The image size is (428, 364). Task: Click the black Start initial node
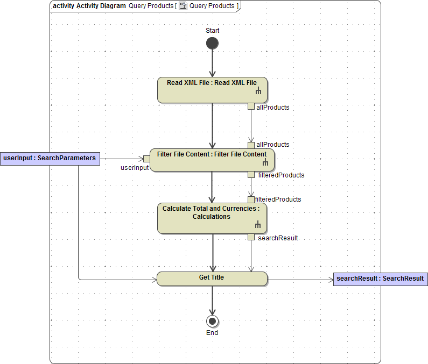(212, 43)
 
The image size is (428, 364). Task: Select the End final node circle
(212, 321)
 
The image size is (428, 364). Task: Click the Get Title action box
(212, 279)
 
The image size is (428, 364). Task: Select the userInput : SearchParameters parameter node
(50, 158)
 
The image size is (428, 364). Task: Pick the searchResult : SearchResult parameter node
(380, 279)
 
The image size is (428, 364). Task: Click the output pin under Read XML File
(251, 106)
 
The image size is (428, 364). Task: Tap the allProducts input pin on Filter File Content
(251, 145)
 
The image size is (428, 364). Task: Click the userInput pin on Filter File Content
(146, 159)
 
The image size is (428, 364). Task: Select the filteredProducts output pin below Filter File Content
(251, 174)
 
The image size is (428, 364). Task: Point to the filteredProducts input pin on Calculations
(251, 199)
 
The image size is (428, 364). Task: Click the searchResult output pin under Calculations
(251, 237)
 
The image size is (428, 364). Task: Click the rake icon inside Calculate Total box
(258, 225)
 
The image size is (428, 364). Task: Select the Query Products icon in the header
(183, 6)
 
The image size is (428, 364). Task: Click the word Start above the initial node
(212, 31)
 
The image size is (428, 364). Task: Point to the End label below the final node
(212, 333)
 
